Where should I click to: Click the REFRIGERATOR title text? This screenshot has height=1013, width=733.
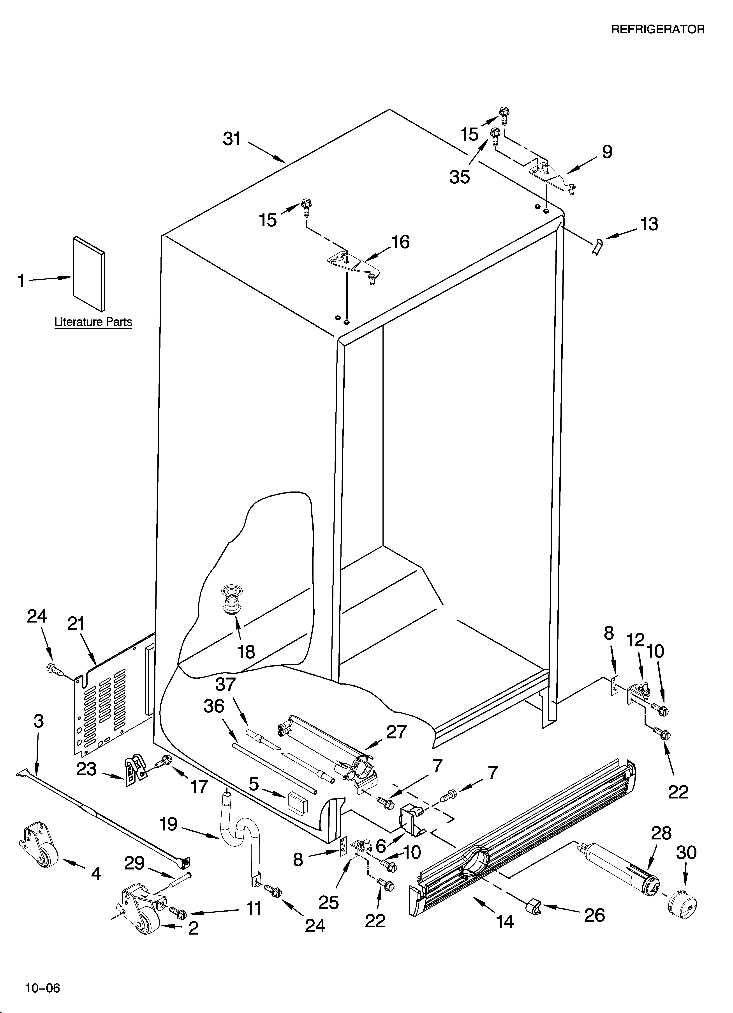(x=657, y=30)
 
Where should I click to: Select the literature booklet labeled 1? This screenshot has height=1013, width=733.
(x=89, y=273)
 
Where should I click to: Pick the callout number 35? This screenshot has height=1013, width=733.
(x=460, y=177)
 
